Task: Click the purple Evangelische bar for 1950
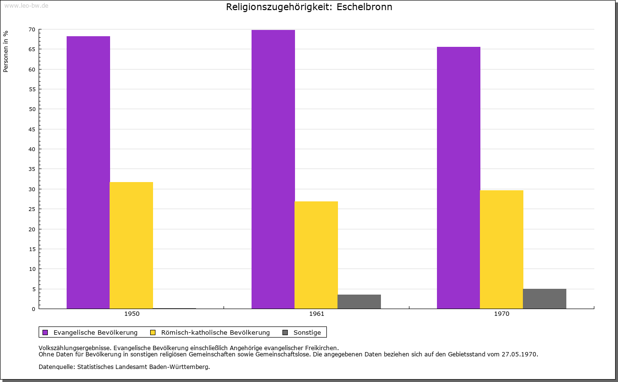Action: pos(88,172)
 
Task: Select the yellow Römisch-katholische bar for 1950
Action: pos(131,245)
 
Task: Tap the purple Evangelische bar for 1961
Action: pos(273,169)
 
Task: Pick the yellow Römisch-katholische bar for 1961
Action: pos(316,255)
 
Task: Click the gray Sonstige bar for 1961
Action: pos(359,301)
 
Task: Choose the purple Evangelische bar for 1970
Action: pos(459,178)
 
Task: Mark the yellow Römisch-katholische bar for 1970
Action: pos(502,249)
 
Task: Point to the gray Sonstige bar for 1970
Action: pos(545,299)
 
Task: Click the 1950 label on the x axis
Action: pos(132,314)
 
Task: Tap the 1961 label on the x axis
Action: pos(317,314)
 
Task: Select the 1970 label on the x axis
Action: pos(502,314)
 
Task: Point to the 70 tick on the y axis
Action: pos(32,29)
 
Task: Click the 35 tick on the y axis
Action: pos(32,169)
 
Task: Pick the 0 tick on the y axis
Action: pos(33,309)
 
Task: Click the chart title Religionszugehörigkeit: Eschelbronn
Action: pos(309,7)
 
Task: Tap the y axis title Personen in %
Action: pos(6,51)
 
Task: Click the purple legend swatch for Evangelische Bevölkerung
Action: pos(45,332)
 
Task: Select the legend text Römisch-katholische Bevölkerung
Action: pos(215,332)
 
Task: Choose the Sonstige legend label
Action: pos(307,332)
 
